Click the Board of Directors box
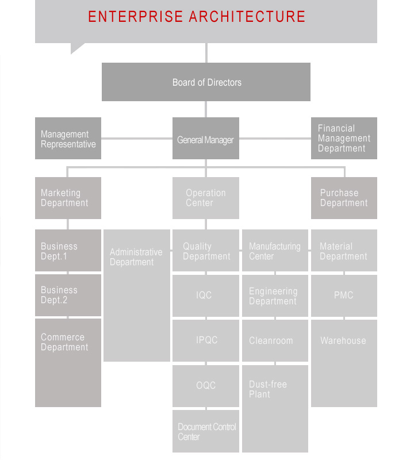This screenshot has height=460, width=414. coord(206,82)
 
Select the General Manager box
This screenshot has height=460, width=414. coord(206,138)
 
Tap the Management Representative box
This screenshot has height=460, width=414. coord(68,138)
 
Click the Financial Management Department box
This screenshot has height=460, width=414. coord(344,138)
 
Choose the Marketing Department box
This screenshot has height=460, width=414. coord(68,198)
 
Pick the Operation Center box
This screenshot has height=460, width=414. coord(206,198)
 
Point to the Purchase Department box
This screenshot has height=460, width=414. coord(344,198)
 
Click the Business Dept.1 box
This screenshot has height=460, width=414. coord(68,250)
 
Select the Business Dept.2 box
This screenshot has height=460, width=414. coord(68,295)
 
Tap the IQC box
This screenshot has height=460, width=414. coord(206,296)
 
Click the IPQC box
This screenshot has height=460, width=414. coord(206,340)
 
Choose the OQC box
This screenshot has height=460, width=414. coord(206,386)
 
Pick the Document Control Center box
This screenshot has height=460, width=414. coord(206,431)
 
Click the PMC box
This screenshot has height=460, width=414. coord(344,296)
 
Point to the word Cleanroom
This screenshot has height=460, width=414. coord(271,340)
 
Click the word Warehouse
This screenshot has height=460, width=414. coord(343,340)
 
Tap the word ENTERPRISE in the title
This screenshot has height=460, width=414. coord(135,17)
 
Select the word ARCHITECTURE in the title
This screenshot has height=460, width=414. coord(247,17)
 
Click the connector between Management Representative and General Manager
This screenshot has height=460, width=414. coord(137,139)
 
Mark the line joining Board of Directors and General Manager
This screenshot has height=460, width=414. coord(206,109)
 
